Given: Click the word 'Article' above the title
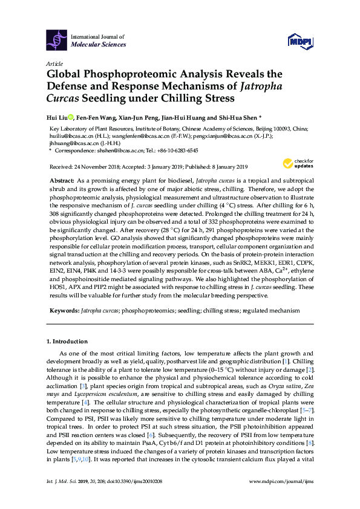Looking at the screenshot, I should [x=54, y=63].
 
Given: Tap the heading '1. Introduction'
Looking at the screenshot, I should [x=70, y=342].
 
